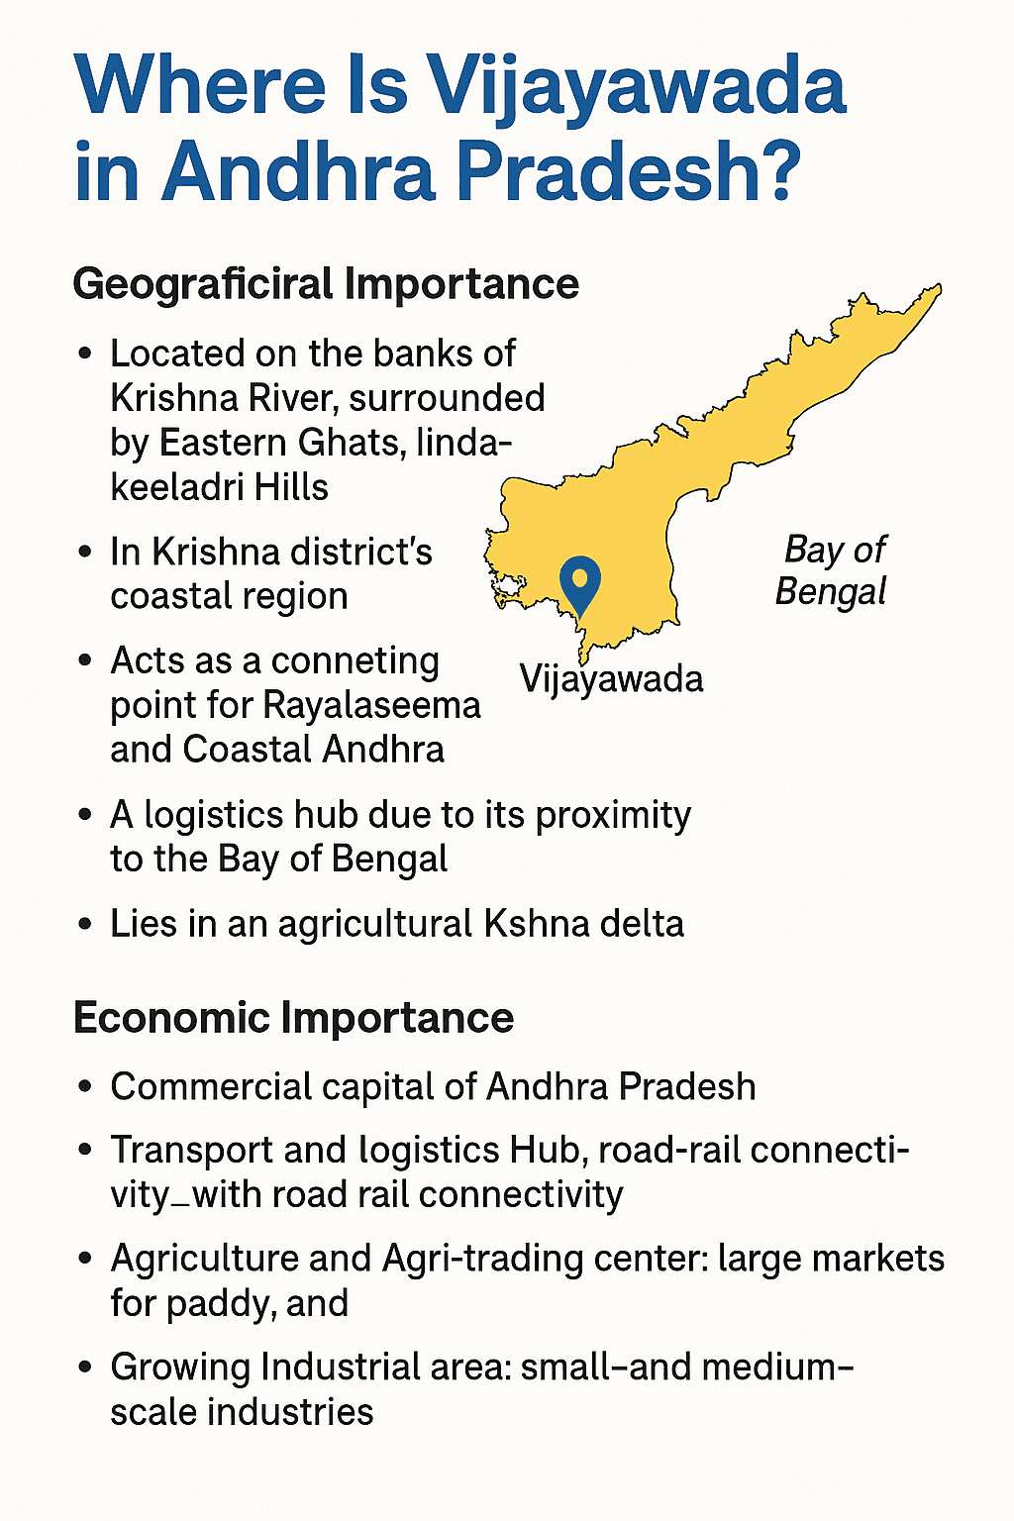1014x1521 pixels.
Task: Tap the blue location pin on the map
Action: pos(579,582)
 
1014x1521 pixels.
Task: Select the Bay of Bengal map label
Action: pos(833,569)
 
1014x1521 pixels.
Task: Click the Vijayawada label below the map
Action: pos(611,679)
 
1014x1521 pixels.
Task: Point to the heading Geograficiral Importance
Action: pos(326,284)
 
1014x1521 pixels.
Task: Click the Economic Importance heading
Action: pos(293,1018)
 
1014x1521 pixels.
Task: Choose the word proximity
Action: pos(613,815)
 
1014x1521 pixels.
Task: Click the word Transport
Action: pos(192,1151)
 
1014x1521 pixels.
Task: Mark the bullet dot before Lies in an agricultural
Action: pos(85,925)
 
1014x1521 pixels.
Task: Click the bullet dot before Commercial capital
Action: pos(85,1087)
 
